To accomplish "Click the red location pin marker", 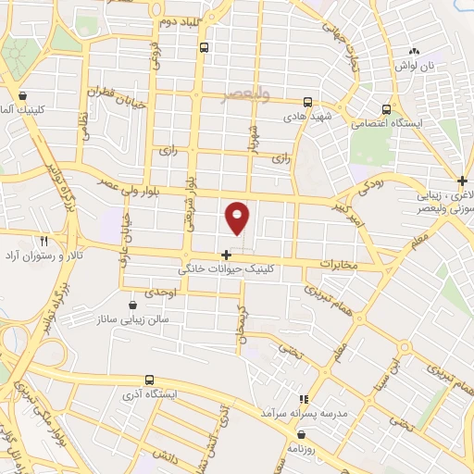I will [238, 218].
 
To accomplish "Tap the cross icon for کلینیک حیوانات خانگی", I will [226, 254].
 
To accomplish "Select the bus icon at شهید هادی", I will [307, 103].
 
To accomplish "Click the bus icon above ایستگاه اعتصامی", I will [387, 107].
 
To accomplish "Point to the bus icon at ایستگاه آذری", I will [149, 380].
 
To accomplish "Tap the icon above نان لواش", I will [414, 52].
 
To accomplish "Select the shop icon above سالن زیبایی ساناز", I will [134, 304].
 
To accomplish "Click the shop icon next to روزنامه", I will [300, 432].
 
